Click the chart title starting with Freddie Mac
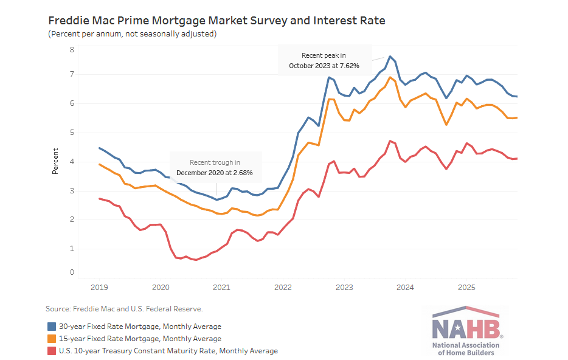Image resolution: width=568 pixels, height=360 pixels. [x=216, y=21]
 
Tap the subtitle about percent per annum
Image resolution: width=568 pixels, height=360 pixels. [x=132, y=34]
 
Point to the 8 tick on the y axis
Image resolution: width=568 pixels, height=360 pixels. [x=72, y=50]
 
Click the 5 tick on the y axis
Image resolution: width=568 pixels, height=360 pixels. [x=72, y=133]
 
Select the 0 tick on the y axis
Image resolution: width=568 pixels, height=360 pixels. [x=72, y=273]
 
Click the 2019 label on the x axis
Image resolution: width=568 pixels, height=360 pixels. [x=99, y=287]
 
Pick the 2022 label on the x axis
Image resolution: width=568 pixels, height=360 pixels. [x=283, y=287]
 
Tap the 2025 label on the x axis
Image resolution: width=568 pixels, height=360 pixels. [x=466, y=287]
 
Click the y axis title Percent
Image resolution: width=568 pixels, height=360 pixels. [x=55, y=161]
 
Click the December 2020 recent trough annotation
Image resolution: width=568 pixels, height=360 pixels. [x=215, y=168]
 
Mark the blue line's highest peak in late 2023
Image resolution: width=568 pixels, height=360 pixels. [x=390, y=57]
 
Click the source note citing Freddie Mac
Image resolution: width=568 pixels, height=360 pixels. [x=124, y=309]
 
